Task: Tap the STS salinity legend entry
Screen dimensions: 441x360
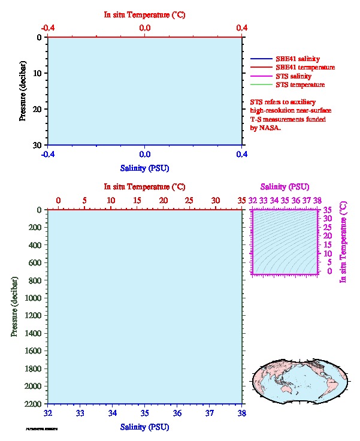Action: click(293, 77)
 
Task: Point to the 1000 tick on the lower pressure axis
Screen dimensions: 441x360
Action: click(32, 298)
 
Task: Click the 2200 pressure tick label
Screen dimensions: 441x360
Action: click(32, 404)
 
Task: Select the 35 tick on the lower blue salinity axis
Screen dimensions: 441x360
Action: click(144, 413)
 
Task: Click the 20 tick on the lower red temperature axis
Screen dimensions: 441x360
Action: click(163, 200)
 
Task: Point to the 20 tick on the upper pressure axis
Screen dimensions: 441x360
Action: click(37, 109)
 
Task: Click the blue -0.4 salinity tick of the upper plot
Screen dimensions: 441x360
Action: click(48, 154)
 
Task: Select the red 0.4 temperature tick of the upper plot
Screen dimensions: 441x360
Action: click(241, 28)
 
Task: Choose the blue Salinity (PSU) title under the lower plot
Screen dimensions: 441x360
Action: click(144, 427)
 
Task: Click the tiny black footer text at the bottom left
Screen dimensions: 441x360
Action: click(42, 429)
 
